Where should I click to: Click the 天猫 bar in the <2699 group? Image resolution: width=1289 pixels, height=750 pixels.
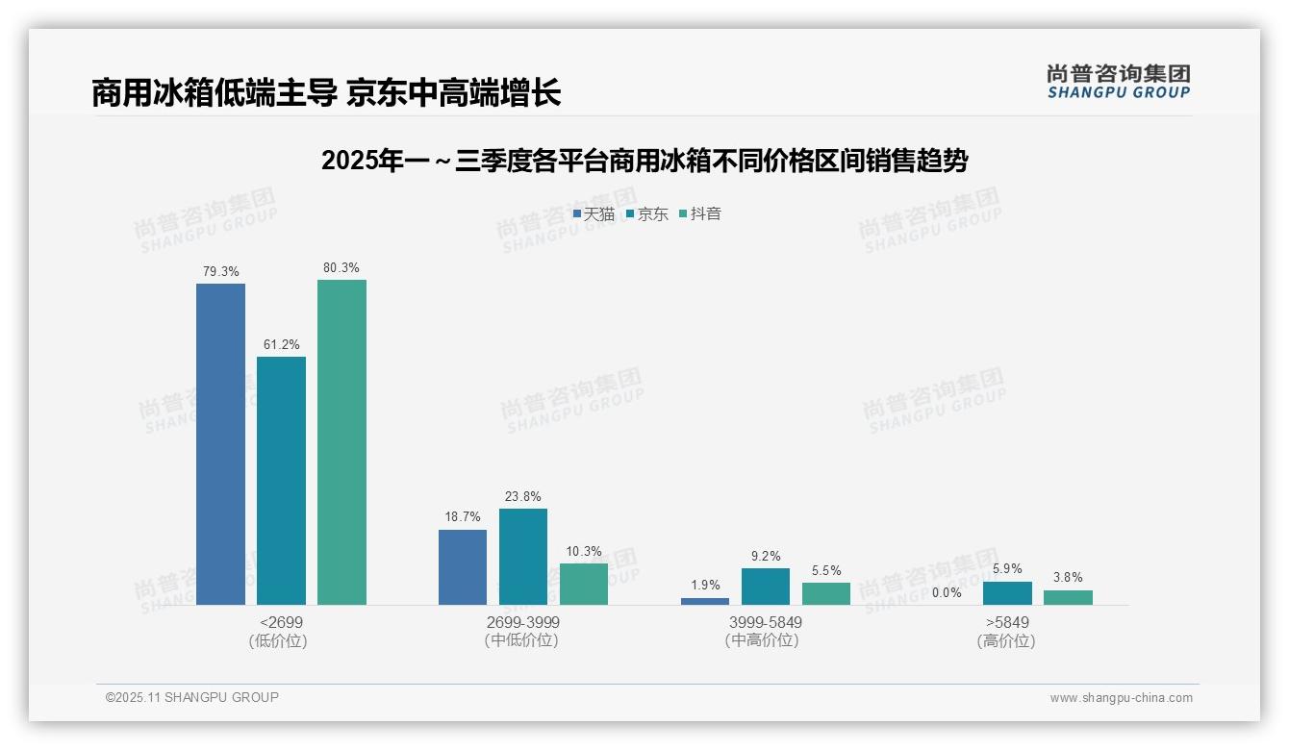coord(220,443)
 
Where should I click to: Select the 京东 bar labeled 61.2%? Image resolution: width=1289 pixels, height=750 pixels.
coord(281,480)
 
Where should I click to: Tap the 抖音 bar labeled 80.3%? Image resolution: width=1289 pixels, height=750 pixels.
coord(341,441)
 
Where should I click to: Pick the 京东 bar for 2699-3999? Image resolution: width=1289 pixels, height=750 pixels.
coord(523,556)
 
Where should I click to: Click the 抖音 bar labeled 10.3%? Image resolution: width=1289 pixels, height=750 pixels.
coord(584,584)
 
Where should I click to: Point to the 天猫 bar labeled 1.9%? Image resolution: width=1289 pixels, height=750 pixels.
coord(705,601)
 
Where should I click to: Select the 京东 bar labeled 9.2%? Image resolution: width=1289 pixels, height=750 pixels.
coord(766,586)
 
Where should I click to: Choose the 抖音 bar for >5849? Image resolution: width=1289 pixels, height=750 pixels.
coord(1068,597)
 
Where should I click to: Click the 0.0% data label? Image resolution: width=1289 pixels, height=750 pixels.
coord(947,593)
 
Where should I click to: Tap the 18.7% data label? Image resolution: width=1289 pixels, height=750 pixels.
coord(463,517)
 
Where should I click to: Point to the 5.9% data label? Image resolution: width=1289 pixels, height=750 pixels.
coord(1007,569)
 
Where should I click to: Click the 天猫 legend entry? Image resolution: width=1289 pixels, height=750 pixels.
coord(594,213)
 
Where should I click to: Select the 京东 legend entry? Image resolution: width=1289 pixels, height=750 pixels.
coord(646,213)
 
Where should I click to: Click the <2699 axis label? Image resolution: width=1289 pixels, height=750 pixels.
coord(281,622)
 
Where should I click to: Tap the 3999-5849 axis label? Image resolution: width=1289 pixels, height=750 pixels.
coord(766,622)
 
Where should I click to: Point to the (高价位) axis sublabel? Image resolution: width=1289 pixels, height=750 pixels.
coord(1006,640)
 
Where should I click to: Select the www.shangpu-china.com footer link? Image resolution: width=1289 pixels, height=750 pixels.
coord(1121,698)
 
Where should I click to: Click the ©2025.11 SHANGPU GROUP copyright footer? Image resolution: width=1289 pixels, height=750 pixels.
coord(192,697)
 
